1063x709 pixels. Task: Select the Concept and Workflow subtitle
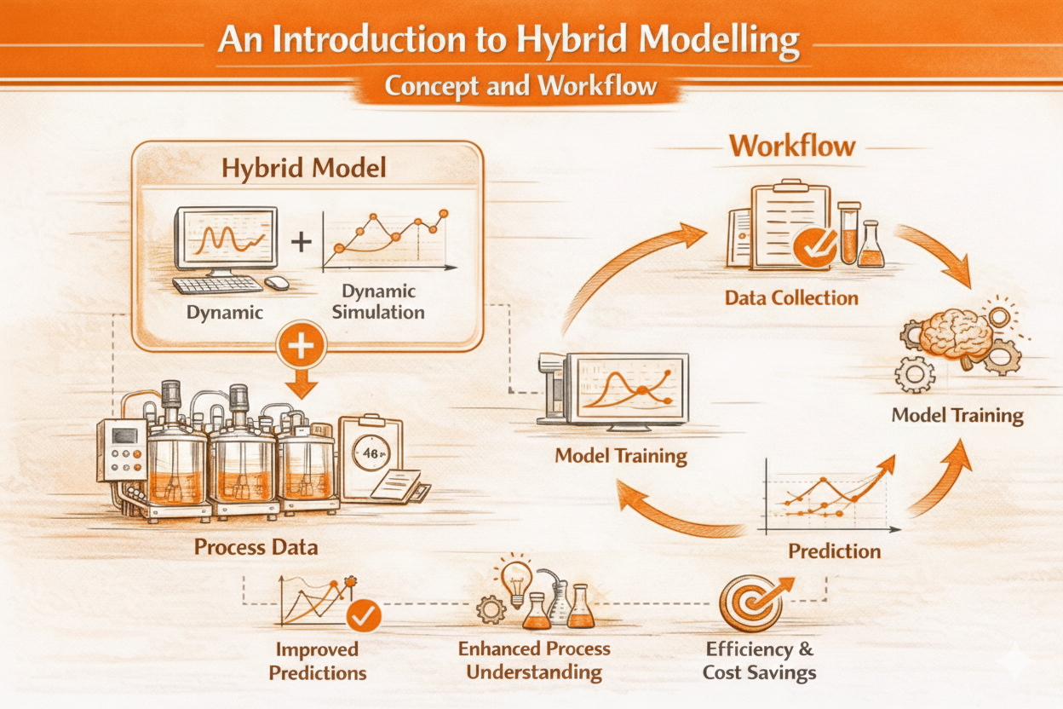(520, 86)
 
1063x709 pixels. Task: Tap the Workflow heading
(792, 146)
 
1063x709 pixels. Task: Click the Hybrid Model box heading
(304, 169)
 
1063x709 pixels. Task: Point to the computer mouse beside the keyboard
(277, 283)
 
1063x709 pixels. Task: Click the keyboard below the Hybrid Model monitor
(217, 285)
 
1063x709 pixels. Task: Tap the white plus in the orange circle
(302, 345)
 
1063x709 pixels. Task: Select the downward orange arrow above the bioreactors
(302, 383)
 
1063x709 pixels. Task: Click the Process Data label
(256, 547)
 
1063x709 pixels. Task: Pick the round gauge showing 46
(371, 453)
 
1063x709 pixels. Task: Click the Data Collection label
(791, 298)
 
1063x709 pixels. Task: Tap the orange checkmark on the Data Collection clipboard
(815, 247)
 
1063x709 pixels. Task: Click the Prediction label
(834, 551)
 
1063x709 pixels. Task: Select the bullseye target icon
(755, 603)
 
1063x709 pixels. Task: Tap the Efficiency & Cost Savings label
(759, 660)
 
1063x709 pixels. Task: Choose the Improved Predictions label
(318, 661)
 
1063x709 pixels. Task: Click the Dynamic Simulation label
(378, 302)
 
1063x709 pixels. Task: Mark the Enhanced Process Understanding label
(534, 660)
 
